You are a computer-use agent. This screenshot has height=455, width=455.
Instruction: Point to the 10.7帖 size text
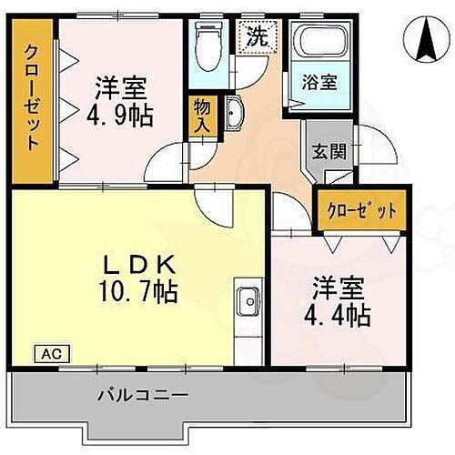point(138,293)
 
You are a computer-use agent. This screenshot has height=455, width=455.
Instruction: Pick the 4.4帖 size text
point(338,317)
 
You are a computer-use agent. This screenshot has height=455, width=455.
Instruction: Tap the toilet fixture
point(208,41)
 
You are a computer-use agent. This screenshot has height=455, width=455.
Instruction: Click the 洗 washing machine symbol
point(256,37)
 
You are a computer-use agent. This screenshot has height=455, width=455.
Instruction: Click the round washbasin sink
point(234,113)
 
